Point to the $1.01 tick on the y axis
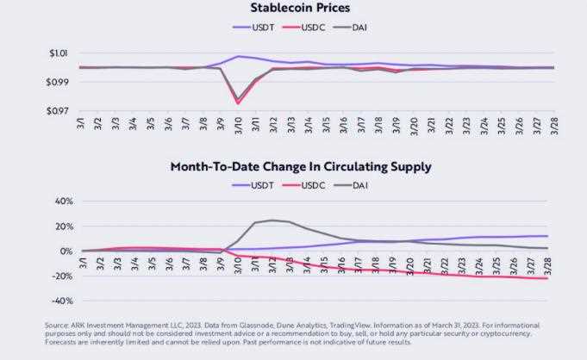click(57, 53)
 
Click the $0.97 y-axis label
click(57, 111)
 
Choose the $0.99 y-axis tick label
click(57, 83)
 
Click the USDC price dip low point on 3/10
click(238, 104)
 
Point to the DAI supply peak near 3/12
click(272, 220)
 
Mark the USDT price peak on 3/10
click(238, 56)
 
